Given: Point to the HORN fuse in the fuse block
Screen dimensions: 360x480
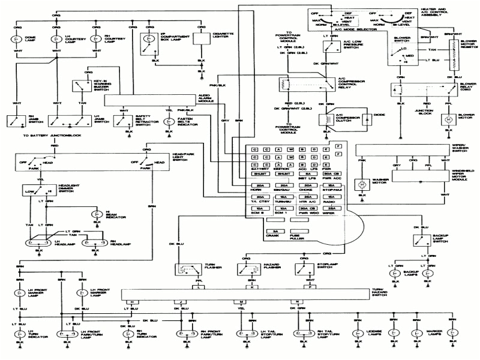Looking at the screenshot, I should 260,186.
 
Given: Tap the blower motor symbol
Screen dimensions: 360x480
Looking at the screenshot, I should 448,121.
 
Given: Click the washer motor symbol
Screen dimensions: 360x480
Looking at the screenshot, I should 362,184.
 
